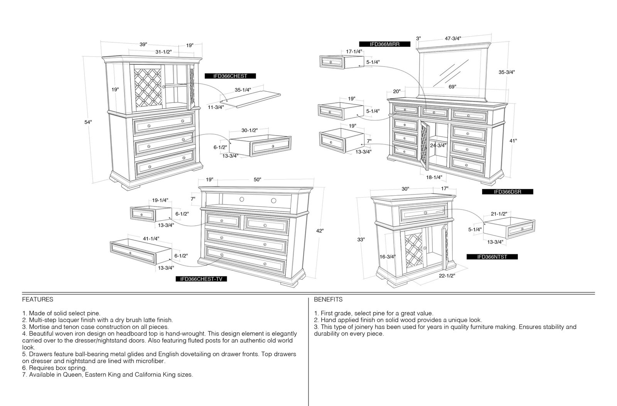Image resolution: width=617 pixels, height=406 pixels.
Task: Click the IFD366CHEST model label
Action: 230,76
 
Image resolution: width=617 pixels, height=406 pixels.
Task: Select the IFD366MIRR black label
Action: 384,44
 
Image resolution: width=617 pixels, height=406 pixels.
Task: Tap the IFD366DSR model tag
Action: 507,192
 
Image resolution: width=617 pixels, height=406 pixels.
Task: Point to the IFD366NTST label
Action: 492,257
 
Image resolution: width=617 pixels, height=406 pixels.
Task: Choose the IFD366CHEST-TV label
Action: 201,279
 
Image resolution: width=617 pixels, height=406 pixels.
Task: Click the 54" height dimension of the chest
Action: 88,122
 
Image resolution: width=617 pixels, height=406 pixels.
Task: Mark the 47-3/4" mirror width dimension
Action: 453,39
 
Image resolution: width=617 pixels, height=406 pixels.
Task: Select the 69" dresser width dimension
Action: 452,87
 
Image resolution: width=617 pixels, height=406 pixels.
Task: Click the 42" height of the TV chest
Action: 320,231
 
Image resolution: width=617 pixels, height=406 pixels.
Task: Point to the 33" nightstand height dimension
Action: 361,240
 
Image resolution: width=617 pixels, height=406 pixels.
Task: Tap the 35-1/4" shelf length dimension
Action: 243,90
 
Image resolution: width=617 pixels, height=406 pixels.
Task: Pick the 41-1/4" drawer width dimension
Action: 151,239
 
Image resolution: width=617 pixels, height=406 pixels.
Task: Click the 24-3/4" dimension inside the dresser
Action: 438,146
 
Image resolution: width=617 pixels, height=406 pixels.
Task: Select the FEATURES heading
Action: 38,300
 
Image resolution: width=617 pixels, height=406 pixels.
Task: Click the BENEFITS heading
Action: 328,300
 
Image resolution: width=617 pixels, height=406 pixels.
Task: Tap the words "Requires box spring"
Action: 58,368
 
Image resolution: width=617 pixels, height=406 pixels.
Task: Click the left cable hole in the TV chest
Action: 241,200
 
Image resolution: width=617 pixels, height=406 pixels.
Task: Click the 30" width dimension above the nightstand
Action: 405,189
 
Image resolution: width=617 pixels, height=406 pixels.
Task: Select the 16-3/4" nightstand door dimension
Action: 388,257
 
